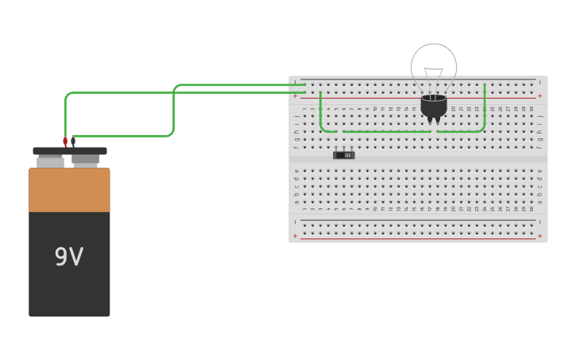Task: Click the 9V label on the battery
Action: (69, 257)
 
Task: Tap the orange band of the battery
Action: (69, 190)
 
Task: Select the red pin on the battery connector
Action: (65, 142)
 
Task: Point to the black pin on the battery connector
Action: (73, 142)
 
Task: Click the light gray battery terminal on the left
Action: (50, 161)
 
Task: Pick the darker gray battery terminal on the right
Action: (86, 160)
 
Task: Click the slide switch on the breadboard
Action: (343, 154)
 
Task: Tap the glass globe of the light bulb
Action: (434, 64)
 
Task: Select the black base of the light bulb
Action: (434, 106)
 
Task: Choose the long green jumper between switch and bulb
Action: (387, 131)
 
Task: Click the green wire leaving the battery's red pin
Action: (119, 93)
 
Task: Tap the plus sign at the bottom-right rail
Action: (539, 236)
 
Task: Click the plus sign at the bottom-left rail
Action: (295, 236)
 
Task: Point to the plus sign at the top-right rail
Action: (539, 96)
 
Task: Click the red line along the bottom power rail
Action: (417, 238)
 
